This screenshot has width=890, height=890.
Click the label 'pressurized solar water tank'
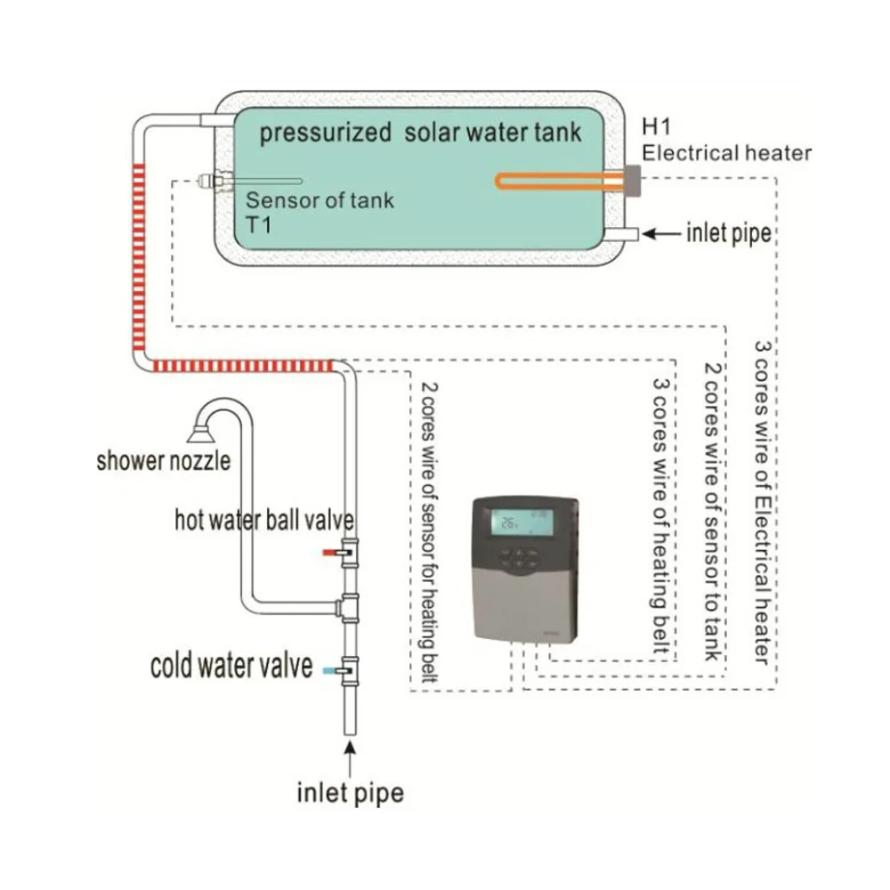[x=419, y=133]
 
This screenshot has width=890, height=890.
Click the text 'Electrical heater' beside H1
[x=727, y=153]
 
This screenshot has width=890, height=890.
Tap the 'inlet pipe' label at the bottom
[x=350, y=792]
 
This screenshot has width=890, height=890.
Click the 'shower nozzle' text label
[x=164, y=461]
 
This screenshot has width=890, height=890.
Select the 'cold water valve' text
[x=231, y=666]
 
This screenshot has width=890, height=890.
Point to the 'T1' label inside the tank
[x=259, y=224]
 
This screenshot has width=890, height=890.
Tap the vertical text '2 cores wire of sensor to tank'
[x=711, y=511]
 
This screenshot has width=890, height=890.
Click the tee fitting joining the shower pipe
[x=350, y=607]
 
